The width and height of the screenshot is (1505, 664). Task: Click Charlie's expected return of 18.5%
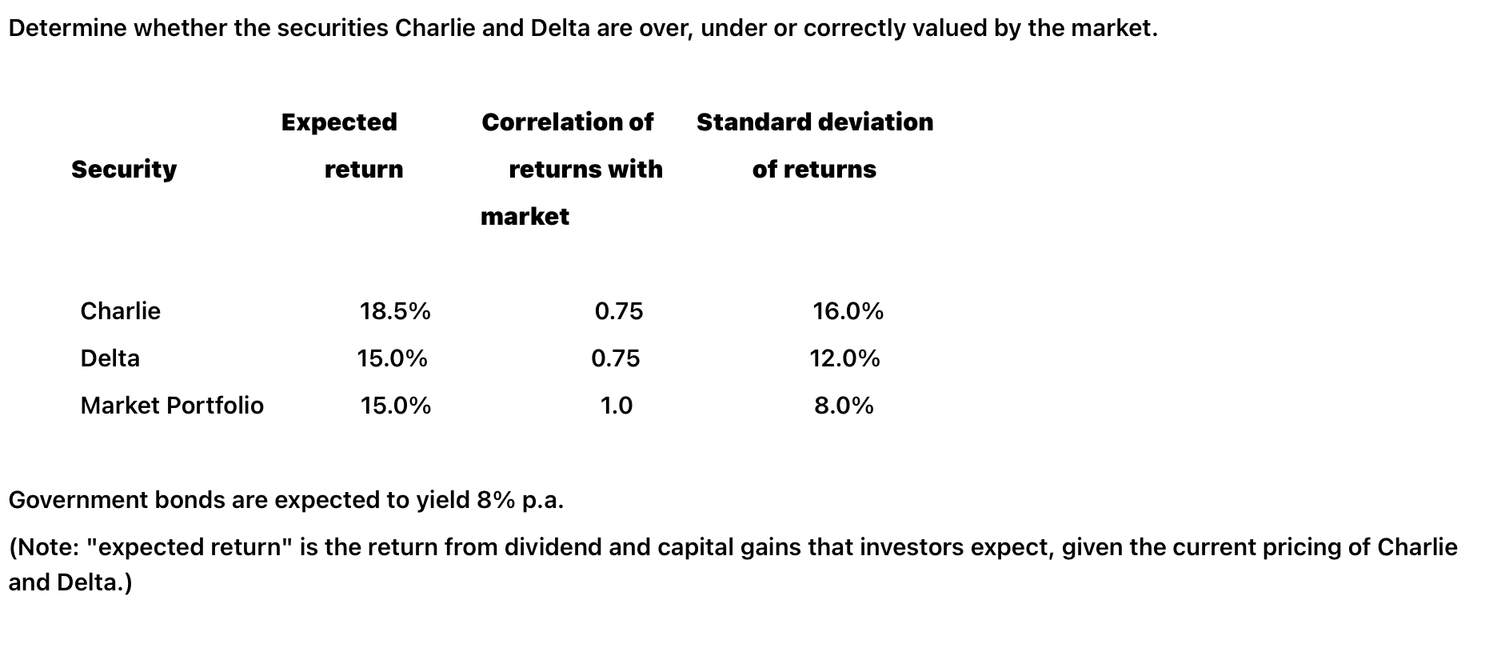coord(395,310)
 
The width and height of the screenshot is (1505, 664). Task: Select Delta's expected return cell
coord(392,358)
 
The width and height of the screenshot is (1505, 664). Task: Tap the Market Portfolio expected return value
coord(395,406)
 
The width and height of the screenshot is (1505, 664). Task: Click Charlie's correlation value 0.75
coord(618,310)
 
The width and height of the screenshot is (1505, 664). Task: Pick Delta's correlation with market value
coord(615,358)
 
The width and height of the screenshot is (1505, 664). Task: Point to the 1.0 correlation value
coord(616,406)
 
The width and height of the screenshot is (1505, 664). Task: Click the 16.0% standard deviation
coord(848,310)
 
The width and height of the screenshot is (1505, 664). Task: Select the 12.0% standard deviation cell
coord(844,358)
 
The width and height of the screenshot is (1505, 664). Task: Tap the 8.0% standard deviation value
coord(844,406)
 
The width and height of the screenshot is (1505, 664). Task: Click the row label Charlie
coord(120,310)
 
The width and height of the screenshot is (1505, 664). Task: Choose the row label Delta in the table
coord(110,358)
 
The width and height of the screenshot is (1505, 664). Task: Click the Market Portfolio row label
coord(172,406)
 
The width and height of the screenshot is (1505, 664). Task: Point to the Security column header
coord(124,169)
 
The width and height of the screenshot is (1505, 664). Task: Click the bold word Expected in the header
coord(339,122)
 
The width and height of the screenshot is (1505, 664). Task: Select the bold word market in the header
coord(525,216)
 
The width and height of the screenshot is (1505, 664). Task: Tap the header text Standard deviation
coord(814,122)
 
